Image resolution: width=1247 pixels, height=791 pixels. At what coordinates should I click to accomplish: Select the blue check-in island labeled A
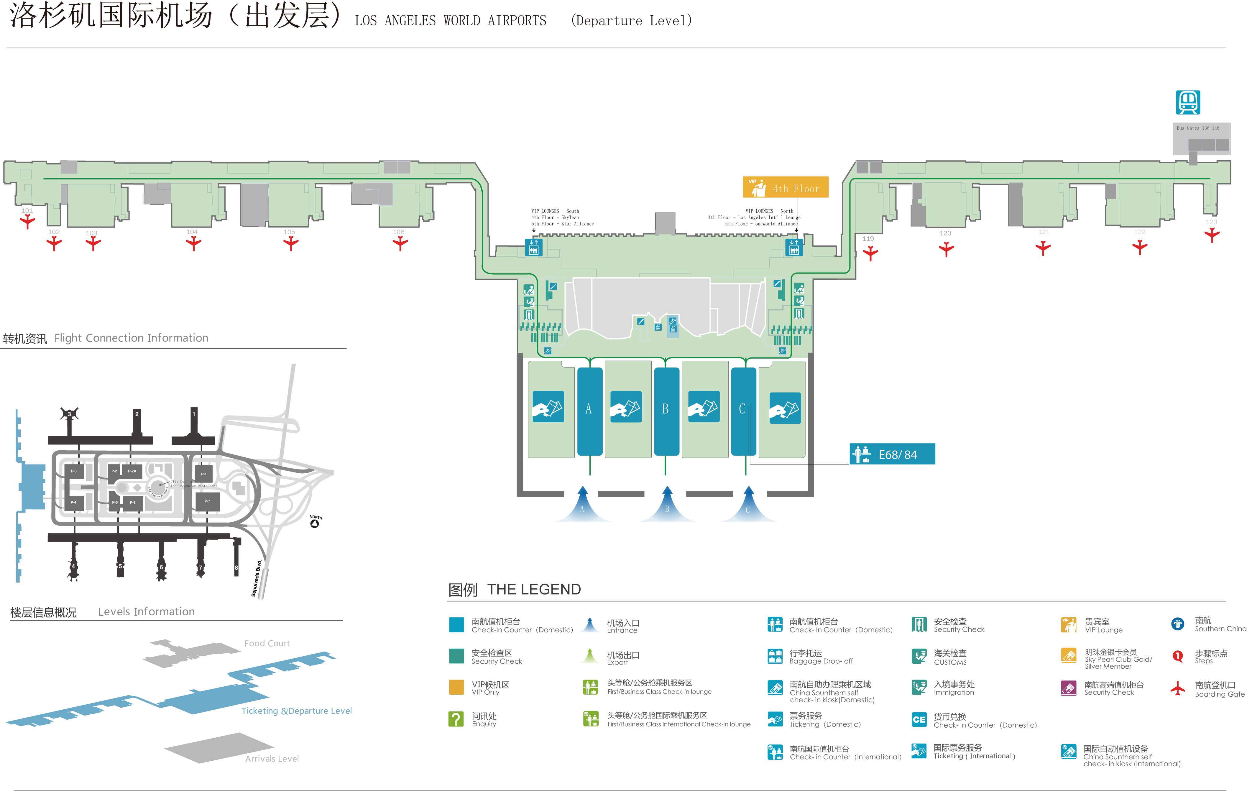(x=589, y=411)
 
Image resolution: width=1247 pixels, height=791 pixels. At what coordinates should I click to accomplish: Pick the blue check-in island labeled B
(x=666, y=411)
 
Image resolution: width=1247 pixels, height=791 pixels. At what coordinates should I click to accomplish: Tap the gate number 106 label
(x=398, y=232)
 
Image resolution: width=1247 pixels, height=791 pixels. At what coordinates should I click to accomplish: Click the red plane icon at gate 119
(x=870, y=253)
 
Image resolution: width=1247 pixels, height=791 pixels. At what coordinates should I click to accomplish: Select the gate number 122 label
(x=1139, y=232)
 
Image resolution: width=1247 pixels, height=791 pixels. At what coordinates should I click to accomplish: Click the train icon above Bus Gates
(x=1187, y=102)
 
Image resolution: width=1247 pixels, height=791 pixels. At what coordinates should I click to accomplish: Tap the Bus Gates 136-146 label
(x=1198, y=128)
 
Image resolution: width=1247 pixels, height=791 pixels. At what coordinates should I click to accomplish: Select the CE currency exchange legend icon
(x=919, y=720)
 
